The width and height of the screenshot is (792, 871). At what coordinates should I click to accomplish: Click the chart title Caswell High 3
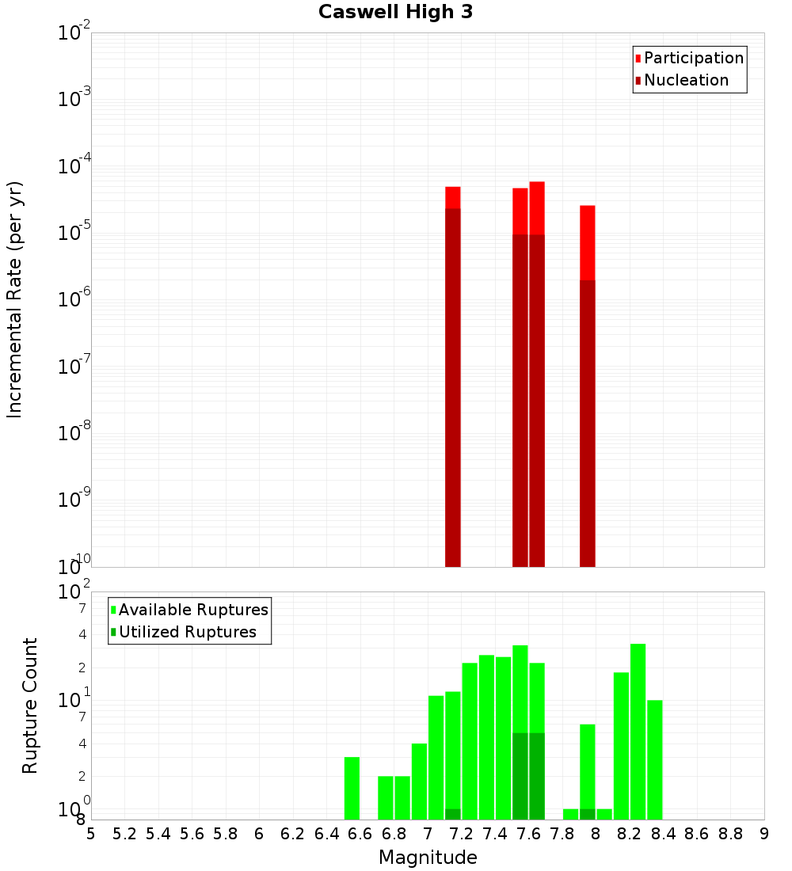click(x=395, y=13)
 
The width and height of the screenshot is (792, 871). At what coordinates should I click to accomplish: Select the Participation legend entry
click(x=694, y=59)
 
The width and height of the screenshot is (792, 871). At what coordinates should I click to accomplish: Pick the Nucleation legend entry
click(x=686, y=81)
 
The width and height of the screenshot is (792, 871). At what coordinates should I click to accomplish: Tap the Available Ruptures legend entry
click(x=193, y=610)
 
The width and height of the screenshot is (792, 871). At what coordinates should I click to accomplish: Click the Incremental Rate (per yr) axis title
click(x=15, y=299)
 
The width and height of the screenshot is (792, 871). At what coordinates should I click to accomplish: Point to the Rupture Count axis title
click(x=30, y=706)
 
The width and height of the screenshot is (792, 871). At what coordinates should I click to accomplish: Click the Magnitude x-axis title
click(x=428, y=858)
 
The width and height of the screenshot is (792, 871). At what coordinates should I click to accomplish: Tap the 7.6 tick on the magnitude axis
click(x=528, y=834)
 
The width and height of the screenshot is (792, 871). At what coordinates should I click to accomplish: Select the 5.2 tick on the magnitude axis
click(x=124, y=834)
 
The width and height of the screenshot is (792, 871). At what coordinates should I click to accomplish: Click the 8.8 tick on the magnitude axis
click(x=730, y=834)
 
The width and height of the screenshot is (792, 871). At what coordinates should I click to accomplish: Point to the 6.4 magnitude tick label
click(x=326, y=834)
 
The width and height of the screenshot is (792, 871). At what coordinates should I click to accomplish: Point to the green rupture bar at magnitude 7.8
click(x=570, y=814)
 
